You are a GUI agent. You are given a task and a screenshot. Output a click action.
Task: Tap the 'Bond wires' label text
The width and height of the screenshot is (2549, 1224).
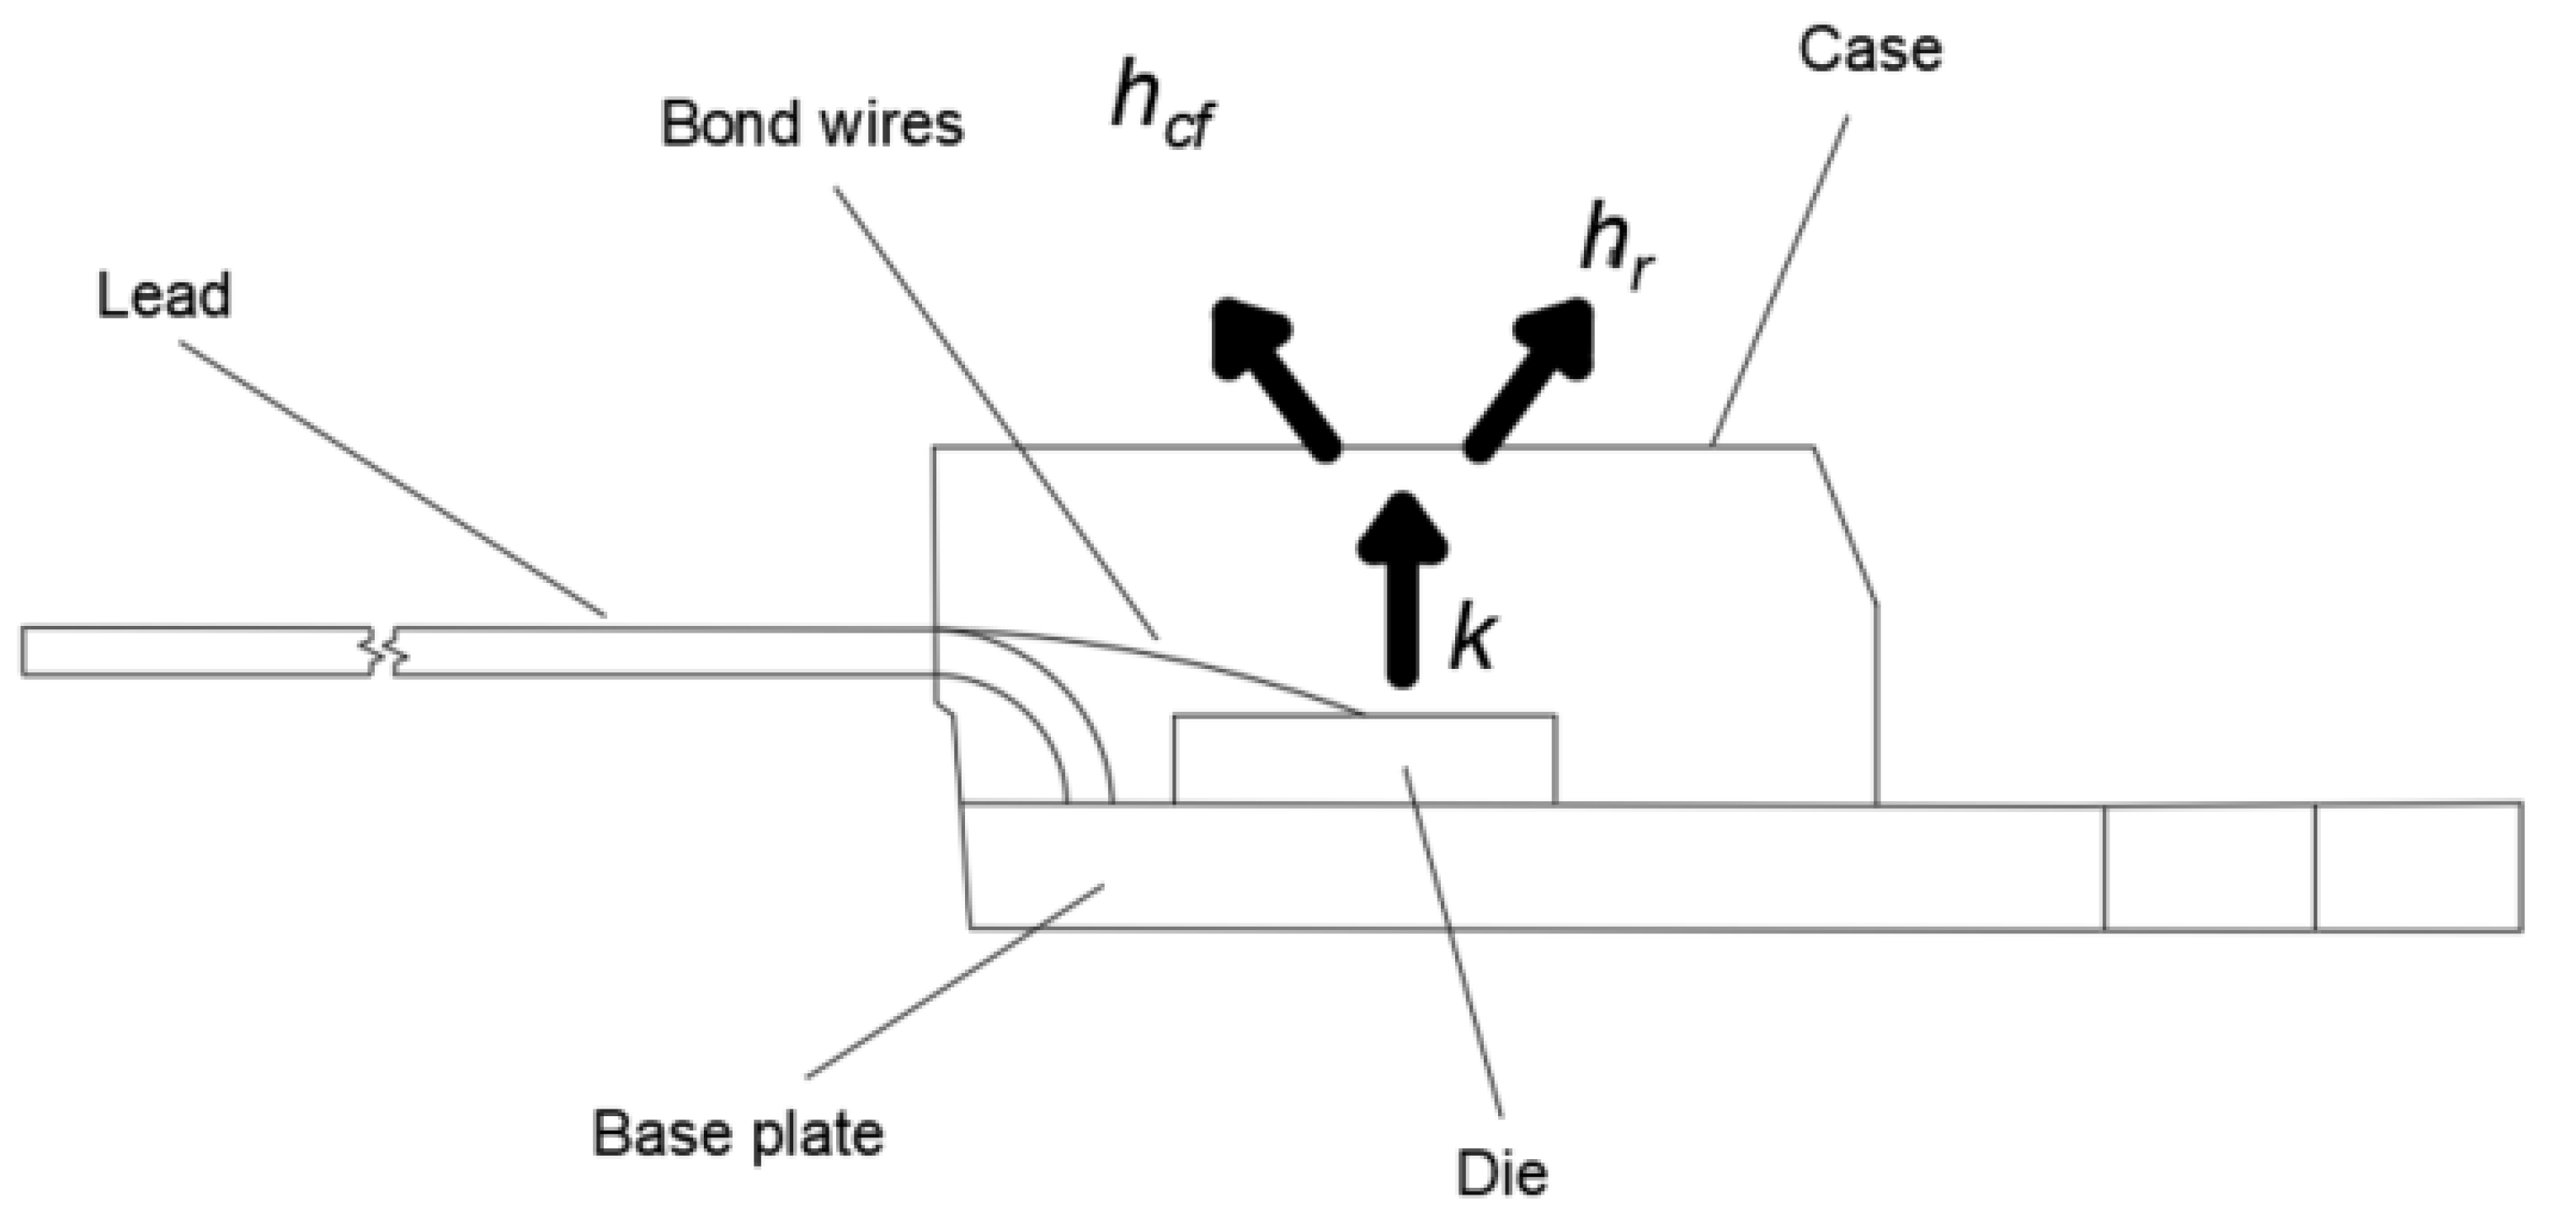(812, 125)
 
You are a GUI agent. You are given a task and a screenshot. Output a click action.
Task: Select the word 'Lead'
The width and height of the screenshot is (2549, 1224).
(164, 295)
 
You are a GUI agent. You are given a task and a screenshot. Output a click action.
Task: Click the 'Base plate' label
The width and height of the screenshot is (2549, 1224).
(737, 1133)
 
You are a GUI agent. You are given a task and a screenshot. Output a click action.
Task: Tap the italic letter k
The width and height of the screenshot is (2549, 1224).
(1473, 640)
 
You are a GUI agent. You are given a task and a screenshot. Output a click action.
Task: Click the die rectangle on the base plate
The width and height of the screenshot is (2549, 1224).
(1363, 759)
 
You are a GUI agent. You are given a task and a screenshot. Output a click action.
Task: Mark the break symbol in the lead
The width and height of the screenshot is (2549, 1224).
(384, 651)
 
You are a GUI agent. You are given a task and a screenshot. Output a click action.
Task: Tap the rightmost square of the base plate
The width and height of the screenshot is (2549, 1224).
(2417, 867)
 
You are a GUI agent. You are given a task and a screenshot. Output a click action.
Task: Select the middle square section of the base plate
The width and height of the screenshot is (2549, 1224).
(2209, 867)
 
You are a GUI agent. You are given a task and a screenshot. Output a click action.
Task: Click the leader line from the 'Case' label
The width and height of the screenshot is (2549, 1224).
(1779, 282)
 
